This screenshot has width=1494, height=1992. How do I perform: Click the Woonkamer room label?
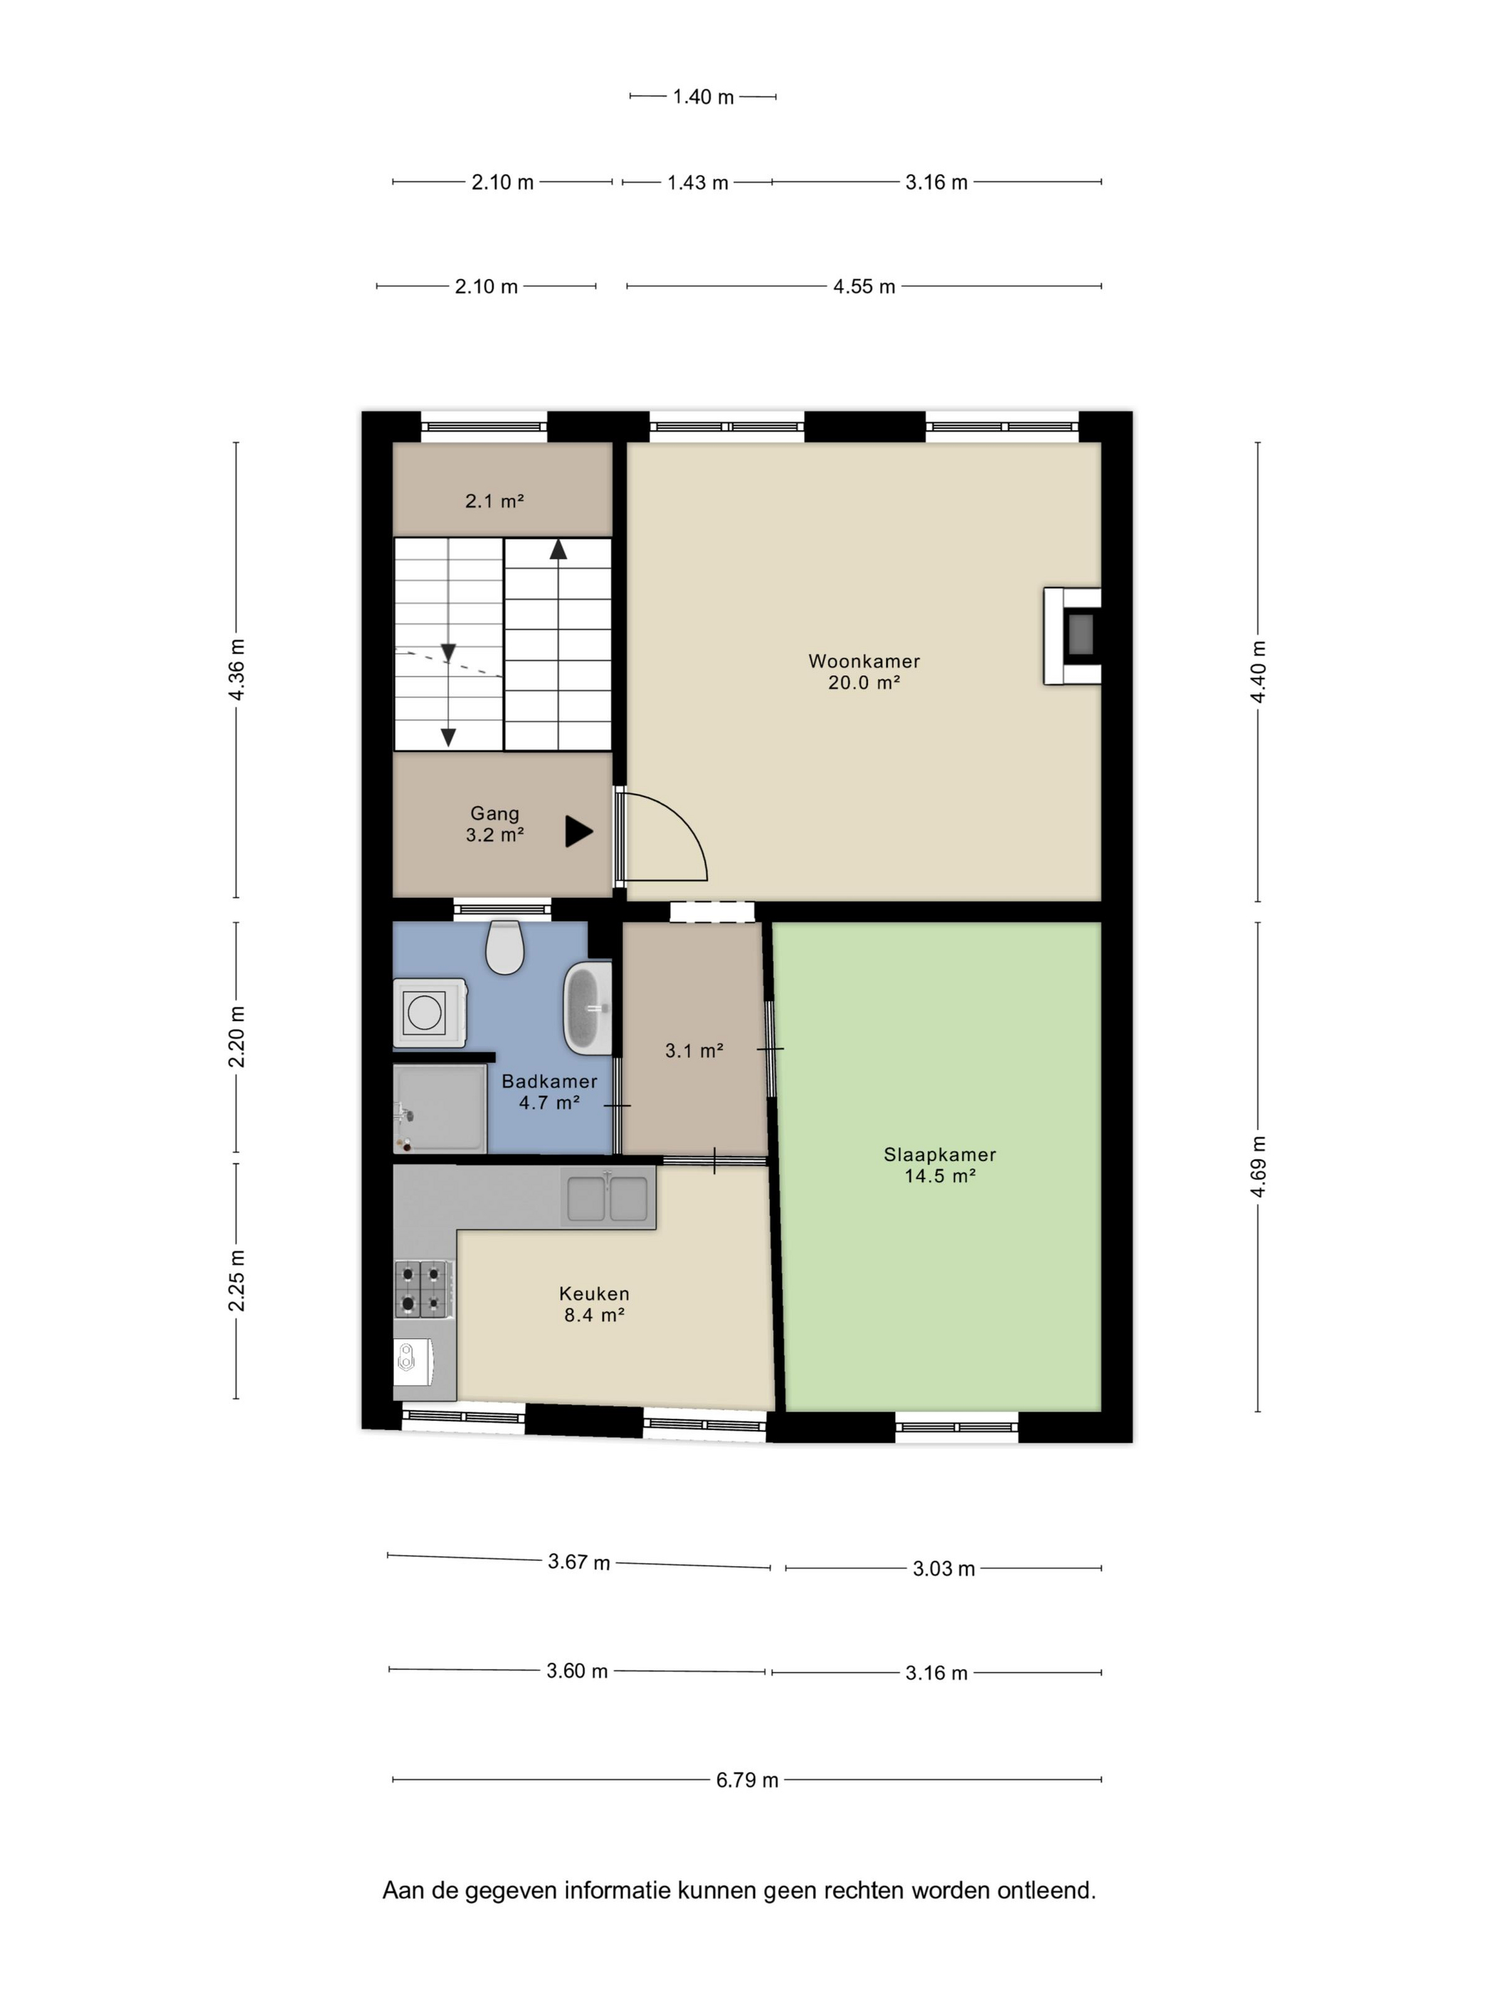864,661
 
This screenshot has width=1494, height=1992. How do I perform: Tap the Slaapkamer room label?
939,1155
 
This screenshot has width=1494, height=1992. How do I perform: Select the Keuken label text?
594,1294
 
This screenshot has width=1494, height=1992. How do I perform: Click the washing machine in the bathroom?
430,1012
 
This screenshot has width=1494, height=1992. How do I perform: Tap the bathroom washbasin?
587,1007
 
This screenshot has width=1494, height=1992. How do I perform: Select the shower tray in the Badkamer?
440,1108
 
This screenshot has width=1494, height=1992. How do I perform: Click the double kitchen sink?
608,1197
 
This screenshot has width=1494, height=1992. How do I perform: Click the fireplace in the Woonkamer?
1073,636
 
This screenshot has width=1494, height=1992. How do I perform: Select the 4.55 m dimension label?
864,287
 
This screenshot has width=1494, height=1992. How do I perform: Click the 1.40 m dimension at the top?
704,96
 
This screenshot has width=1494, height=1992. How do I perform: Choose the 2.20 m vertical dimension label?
236,1037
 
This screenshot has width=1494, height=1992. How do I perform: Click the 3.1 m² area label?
694,1050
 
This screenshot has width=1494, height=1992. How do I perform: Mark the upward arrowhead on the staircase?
558,549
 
